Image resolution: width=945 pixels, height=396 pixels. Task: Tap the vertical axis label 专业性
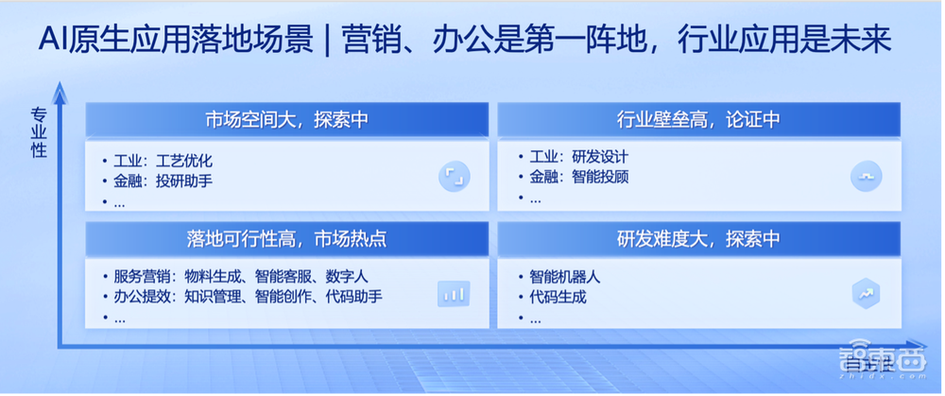tap(39, 133)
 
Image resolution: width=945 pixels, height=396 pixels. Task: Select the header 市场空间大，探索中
tap(286, 120)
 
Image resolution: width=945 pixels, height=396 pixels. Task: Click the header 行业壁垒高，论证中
tap(698, 120)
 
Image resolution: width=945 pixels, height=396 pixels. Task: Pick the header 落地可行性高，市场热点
tap(286, 240)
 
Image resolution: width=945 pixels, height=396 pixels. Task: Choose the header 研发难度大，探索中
tap(698, 240)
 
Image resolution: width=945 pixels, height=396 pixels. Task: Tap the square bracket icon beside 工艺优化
tap(454, 175)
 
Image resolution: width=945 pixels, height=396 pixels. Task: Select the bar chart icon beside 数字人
tap(454, 294)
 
